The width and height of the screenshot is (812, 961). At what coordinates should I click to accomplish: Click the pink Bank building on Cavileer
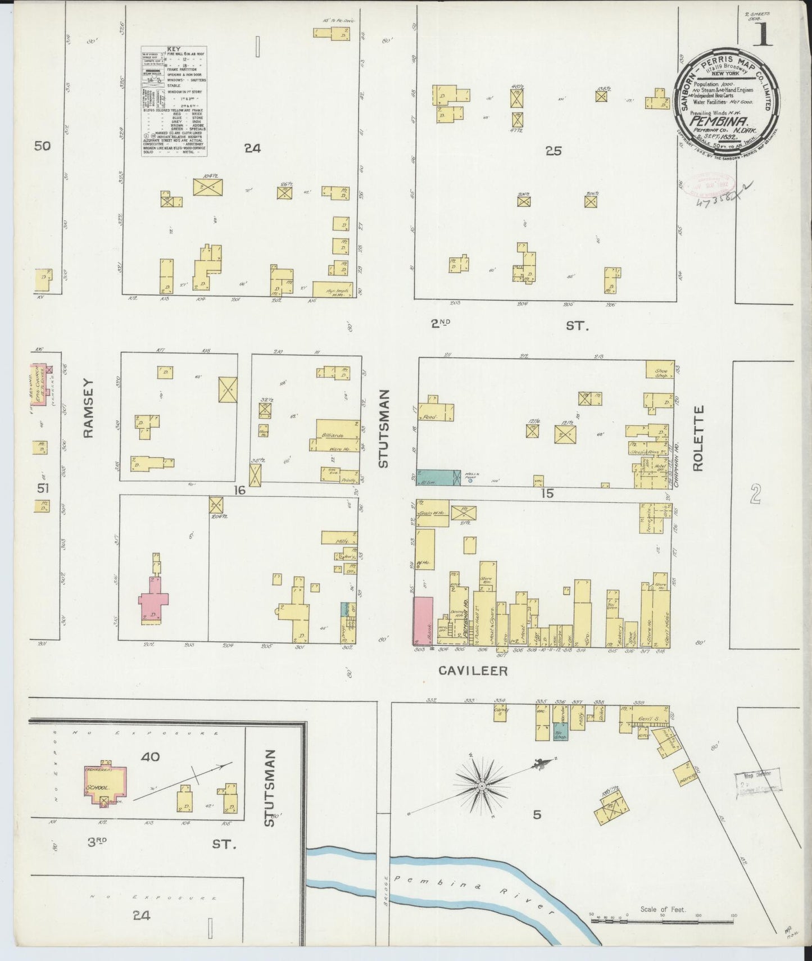pyautogui.click(x=423, y=621)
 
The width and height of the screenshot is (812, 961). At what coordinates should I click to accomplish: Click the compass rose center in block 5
pyautogui.click(x=482, y=785)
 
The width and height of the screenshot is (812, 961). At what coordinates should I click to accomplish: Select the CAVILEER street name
pyautogui.click(x=473, y=670)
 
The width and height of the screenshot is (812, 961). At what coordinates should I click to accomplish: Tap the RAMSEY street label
pyautogui.click(x=90, y=409)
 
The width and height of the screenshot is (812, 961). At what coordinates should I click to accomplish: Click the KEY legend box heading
pyautogui.click(x=174, y=49)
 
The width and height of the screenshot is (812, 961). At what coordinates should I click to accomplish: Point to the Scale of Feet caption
pyautogui.click(x=663, y=909)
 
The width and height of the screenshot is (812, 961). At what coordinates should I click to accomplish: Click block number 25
pyautogui.click(x=554, y=151)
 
